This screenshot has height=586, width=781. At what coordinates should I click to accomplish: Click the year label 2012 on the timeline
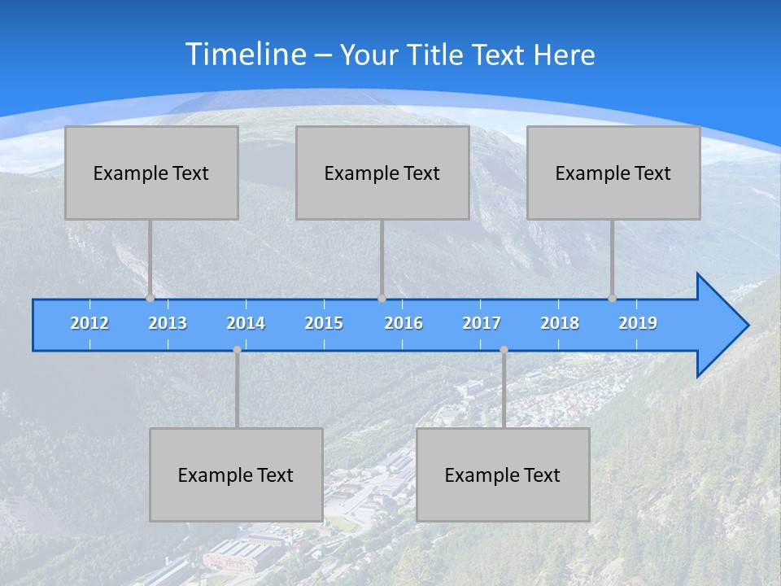tap(89, 323)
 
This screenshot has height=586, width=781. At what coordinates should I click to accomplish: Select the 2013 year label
tap(168, 323)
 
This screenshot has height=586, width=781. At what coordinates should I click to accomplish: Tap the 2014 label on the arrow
tap(246, 323)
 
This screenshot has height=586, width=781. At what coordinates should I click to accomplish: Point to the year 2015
tap(324, 323)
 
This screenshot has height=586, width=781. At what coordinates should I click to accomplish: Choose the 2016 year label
tap(404, 323)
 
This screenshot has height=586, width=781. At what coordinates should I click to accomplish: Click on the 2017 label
tap(482, 323)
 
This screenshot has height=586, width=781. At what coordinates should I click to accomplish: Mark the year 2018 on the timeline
tap(560, 323)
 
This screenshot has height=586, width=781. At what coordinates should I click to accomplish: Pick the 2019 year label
tap(638, 323)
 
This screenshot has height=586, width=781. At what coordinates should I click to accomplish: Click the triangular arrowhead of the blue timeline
tap(721, 326)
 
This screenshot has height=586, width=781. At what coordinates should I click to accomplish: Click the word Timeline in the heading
tap(245, 55)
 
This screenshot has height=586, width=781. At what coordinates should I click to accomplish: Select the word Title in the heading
tap(438, 55)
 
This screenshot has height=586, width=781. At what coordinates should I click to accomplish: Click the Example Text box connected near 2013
tap(151, 173)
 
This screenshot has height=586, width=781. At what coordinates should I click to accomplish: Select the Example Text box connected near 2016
tap(382, 173)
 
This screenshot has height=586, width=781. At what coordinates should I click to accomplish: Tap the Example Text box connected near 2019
tap(613, 173)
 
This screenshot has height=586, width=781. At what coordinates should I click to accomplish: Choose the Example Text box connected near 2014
tap(236, 474)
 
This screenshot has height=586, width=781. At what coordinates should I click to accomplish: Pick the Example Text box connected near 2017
tap(503, 474)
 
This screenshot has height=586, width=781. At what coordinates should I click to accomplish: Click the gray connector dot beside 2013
tap(150, 298)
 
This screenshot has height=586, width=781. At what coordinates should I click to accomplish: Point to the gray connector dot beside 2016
tap(382, 298)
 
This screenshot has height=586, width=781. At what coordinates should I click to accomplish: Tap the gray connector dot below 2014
tap(237, 350)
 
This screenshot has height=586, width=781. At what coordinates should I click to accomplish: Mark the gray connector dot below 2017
tap(504, 350)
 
